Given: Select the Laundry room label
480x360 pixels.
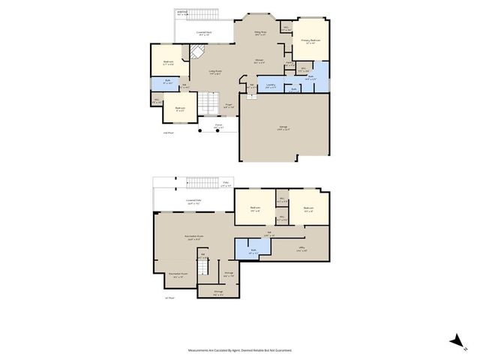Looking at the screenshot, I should tap(271, 85).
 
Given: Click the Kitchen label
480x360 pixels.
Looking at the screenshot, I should tap(259, 61).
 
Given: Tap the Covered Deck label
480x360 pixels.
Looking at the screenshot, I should tap(203, 33).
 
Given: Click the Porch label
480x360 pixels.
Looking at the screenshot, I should tap(219, 127).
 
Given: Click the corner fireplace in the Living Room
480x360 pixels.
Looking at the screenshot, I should tap(196, 52).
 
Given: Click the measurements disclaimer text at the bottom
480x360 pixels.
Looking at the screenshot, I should tap(240, 349).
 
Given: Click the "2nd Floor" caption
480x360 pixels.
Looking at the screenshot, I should tap(169, 133).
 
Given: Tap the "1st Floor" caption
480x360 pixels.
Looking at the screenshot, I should tap(169, 298).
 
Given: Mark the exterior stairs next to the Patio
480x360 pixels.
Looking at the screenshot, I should tap(202, 184).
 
